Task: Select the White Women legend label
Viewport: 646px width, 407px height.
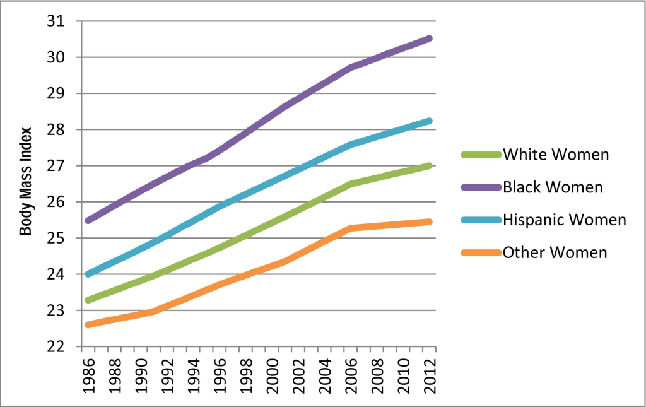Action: [555, 155]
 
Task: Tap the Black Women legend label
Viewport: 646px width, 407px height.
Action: [553, 187]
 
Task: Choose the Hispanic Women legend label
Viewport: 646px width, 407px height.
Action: [564, 220]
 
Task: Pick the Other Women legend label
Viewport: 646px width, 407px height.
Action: [555, 252]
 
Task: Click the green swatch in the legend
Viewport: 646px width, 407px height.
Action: [481, 155]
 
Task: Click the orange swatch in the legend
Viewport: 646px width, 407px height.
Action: [481, 252]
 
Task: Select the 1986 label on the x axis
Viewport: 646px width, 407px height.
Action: [89, 377]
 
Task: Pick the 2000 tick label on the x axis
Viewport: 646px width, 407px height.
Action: [273, 377]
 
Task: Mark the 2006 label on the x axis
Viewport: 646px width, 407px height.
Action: [351, 377]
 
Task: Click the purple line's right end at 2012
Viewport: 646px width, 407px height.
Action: [430, 38]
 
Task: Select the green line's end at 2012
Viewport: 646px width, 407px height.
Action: [430, 166]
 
